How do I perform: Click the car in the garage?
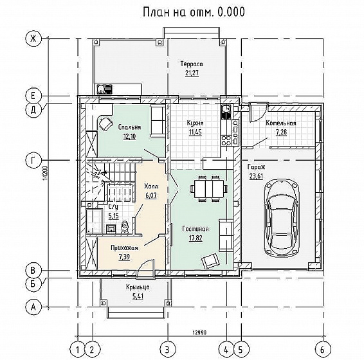point(282,218)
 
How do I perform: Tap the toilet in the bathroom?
point(125,227)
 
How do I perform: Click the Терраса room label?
point(192,64)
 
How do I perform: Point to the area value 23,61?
point(256,176)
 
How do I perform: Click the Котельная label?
point(281,123)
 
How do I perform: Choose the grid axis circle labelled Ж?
point(33,39)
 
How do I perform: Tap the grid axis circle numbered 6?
point(323,349)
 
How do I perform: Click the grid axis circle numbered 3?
point(168,349)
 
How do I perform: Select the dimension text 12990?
point(199,332)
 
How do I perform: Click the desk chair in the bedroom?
point(106,123)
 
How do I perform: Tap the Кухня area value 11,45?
point(195,132)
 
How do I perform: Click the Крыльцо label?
point(138,287)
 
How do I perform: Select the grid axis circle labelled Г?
point(33,160)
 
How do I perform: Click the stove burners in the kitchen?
point(226,141)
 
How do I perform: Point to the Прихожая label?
point(124,248)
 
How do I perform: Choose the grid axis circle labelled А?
point(33,307)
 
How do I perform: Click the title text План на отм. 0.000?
point(194,12)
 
